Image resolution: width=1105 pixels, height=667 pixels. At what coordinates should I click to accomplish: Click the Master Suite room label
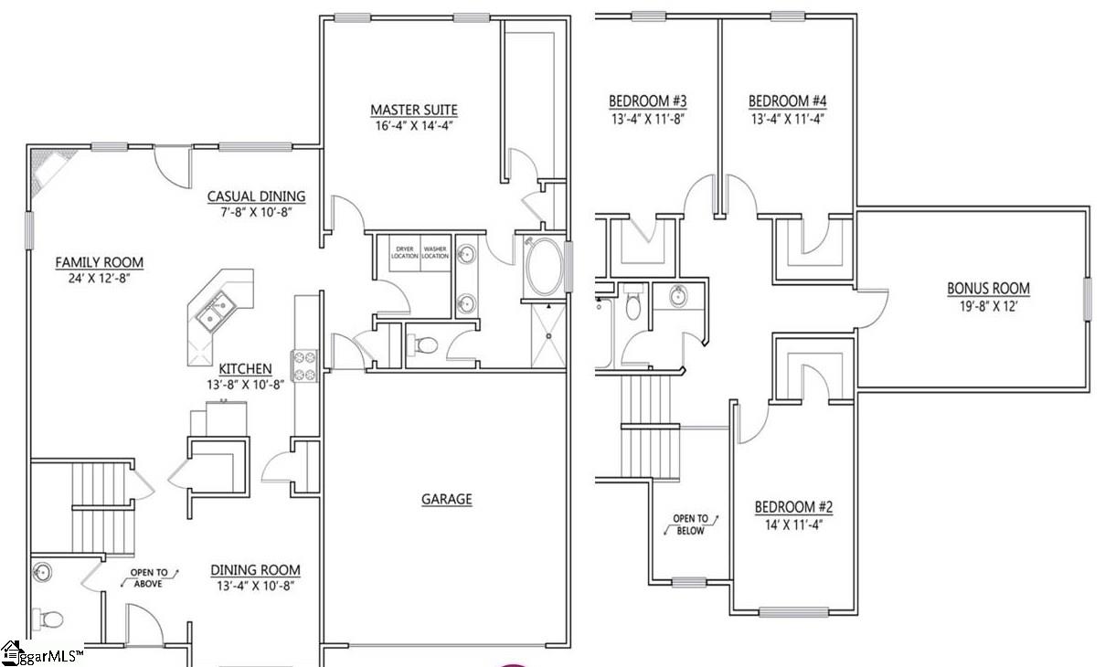click(413, 111)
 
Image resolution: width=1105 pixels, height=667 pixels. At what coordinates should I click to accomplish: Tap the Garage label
click(447, 499)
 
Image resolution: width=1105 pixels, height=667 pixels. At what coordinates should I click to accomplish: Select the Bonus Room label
click(988, 289)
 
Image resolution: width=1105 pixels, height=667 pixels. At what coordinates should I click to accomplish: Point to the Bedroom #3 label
click(648, 101)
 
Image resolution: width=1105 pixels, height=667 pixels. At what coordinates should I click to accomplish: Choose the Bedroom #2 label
click(793, 507)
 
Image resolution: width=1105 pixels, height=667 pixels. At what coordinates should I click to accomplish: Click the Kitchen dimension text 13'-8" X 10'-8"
click(245, 385)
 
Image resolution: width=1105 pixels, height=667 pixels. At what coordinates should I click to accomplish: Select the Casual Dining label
click(256, 196)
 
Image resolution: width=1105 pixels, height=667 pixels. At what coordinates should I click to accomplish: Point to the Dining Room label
click(255, 569)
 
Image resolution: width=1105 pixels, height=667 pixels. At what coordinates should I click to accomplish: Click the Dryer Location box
click(404, 252)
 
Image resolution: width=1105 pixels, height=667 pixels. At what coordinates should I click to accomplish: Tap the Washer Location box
click(435, 252)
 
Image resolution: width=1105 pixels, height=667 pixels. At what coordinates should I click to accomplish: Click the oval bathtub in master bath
click(545, 266)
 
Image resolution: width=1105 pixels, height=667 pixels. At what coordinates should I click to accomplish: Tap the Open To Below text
click(690, 524)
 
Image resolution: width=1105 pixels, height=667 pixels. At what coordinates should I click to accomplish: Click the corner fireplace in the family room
click(46, 169)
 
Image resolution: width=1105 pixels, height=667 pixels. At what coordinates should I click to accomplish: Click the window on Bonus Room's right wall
click(1088, 300)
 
